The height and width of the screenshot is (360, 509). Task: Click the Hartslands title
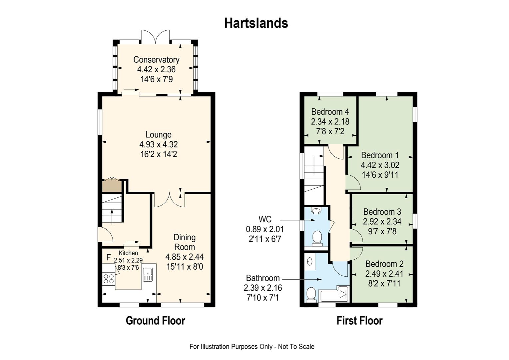tap(256, 23)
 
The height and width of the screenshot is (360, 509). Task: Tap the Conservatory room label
tap(156, 60)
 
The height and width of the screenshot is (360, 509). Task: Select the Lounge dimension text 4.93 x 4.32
tap(158, 144)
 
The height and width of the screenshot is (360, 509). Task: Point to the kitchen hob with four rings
tap(109, 279)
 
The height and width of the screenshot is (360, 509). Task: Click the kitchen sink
tap(148, 274)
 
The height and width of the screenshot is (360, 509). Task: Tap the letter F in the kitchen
tap(109, 257)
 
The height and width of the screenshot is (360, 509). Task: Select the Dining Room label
tap(185, 242)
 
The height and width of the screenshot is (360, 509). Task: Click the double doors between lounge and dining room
tap(170, 200)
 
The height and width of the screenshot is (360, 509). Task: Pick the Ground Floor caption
tap(156, 321)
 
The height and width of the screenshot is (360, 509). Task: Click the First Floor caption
tap(359, 321)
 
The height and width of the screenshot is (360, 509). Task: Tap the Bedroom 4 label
tap(330, 112)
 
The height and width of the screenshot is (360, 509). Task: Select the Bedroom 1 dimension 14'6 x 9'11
tap(380, 175)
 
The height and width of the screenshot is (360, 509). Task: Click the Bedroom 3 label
tap(382, 212)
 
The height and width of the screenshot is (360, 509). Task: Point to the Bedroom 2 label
tap(384, 264)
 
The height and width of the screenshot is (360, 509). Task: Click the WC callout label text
tap(265, 219)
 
